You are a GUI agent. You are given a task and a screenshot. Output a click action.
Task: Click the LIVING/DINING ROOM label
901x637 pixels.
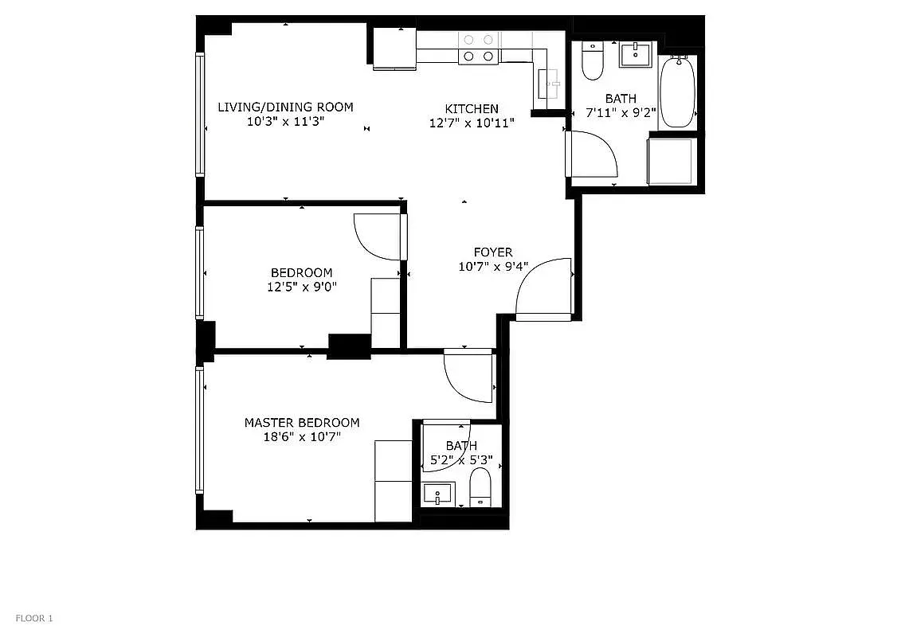click(x=285, y=107)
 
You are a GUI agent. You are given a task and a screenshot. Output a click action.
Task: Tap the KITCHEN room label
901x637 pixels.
click(x=472, y=109)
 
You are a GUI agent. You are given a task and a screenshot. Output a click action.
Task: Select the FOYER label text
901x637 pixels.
click(x=493, y=252)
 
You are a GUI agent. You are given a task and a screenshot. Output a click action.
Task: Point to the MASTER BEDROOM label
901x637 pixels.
click(x=301, y=423)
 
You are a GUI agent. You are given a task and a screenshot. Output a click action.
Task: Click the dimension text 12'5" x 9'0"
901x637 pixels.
click(x=302, y=287)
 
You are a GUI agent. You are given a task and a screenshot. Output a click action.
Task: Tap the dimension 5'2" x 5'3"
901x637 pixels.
click(x=461, y=459)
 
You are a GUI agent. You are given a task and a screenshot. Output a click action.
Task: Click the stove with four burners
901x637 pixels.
click(x=478, y=48)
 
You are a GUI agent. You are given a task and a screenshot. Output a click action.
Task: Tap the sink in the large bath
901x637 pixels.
click(x=636, y=55)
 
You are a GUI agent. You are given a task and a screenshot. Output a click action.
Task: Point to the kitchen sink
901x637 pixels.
click(x=549, y=80)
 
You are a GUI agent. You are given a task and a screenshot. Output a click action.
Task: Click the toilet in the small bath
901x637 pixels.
click(x=480, y=487)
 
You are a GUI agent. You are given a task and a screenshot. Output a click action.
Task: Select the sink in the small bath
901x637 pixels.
click(x=438, y=494)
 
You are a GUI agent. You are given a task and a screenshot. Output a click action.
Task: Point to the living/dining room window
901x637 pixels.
click(x=200, y=114)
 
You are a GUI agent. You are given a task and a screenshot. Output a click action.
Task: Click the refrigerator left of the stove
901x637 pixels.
click(x=394, y=49)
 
